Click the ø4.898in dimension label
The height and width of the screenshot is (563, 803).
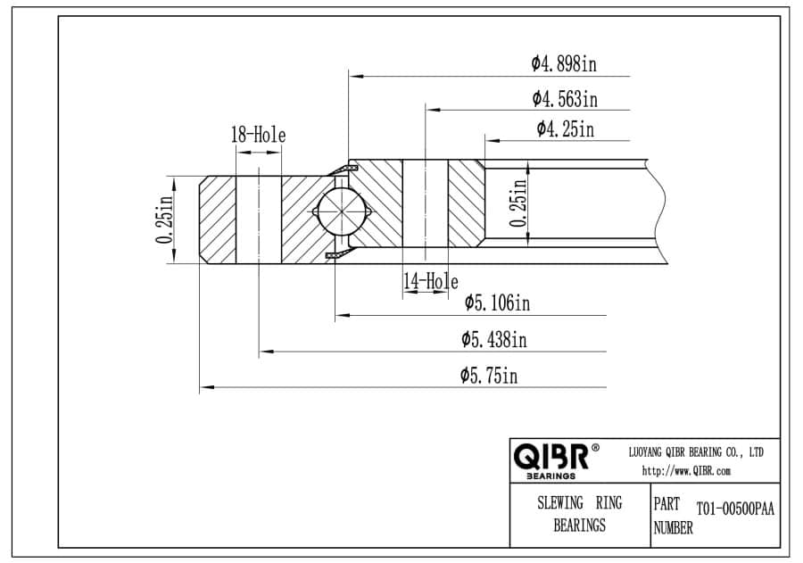(x=563, y=63)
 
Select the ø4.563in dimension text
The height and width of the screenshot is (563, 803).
(x=565, y=98)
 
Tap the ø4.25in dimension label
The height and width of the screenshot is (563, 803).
(x=566, y=128)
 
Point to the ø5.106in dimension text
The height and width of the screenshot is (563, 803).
(x=497, y=302)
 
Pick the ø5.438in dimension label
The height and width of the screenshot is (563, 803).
(x=493, y=339)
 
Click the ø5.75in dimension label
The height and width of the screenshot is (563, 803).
(x=489, y=376)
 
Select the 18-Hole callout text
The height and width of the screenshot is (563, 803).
(x=258, y=135)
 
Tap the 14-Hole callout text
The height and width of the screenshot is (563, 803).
(x=431, y=281)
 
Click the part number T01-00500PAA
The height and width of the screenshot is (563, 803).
(x=735, y=509)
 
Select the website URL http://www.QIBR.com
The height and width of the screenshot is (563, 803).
(x=686, y=471)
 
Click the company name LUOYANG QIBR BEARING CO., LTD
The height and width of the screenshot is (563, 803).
(x=695, y=452)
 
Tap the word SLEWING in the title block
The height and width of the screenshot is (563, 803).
(x=559, y=502)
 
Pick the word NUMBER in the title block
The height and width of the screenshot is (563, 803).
(x=673, y=527)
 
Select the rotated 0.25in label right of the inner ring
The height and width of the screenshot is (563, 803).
(x=518, y=203)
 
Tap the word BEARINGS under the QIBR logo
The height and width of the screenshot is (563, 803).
(x=551, y=476)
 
